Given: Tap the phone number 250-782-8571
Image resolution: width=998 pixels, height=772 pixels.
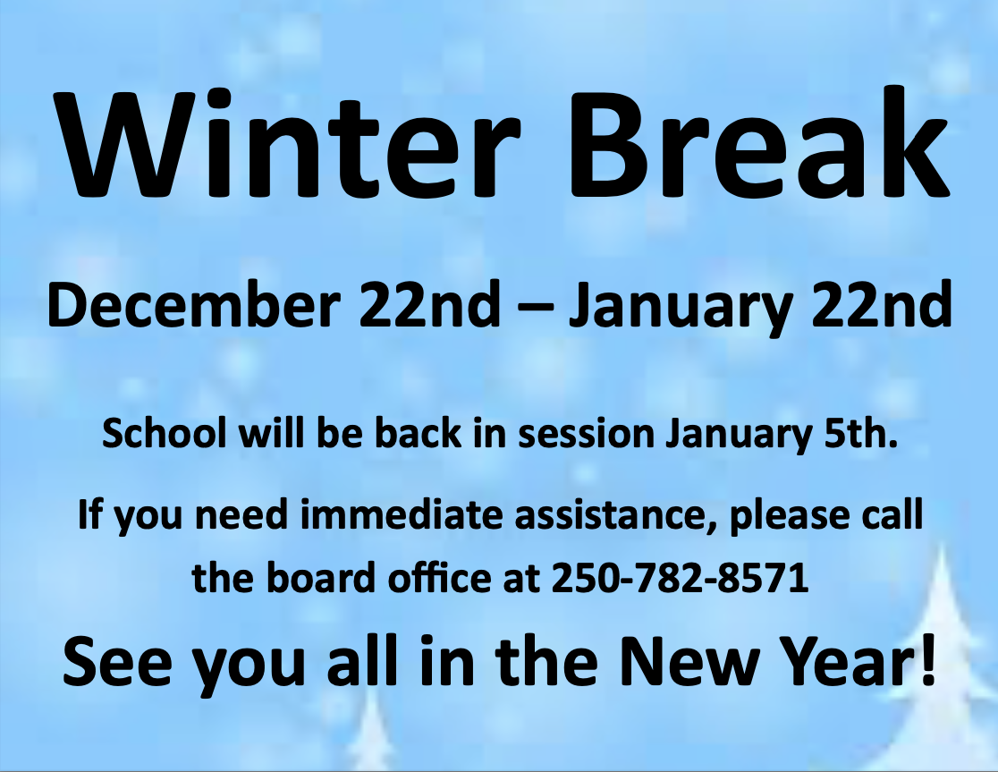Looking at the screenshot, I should click(x=681, y=580).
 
